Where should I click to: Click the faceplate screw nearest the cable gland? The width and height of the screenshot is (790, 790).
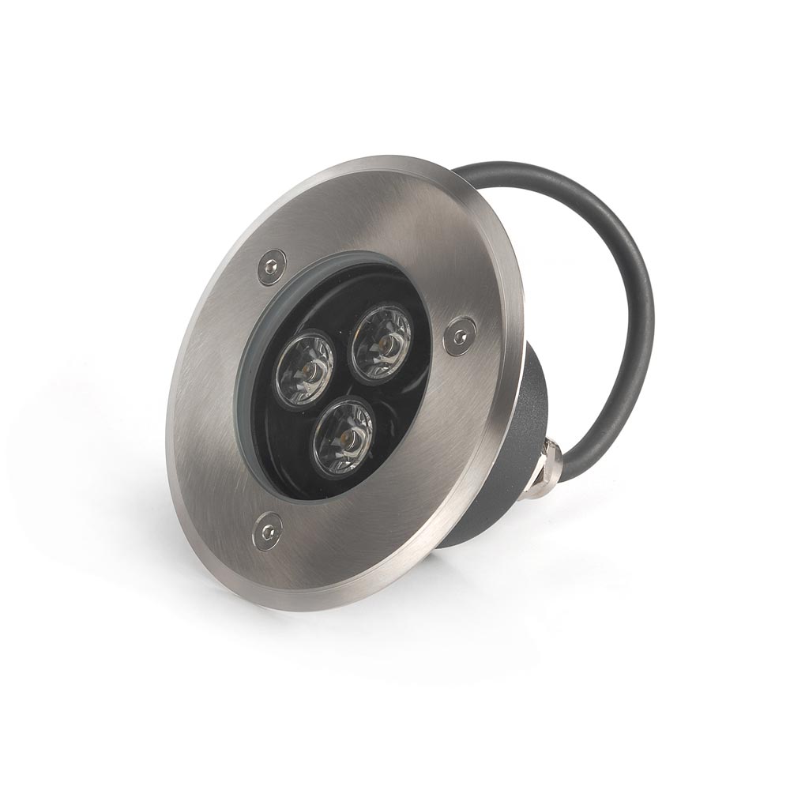[x=459, y=336]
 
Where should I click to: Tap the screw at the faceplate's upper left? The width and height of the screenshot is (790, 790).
[x=271, y=267]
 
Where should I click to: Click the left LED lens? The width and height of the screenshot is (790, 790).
[x=304, y=369]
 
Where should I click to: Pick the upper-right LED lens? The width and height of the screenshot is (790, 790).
[x=382, y=342]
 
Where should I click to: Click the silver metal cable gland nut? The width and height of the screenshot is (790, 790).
[x=545, y=471]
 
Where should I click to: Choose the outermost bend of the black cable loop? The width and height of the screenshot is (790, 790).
[x=641, y=300]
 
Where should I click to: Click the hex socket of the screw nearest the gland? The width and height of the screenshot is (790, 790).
[x=459, y=336]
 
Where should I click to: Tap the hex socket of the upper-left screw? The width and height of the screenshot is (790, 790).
[x=271, y=267]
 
